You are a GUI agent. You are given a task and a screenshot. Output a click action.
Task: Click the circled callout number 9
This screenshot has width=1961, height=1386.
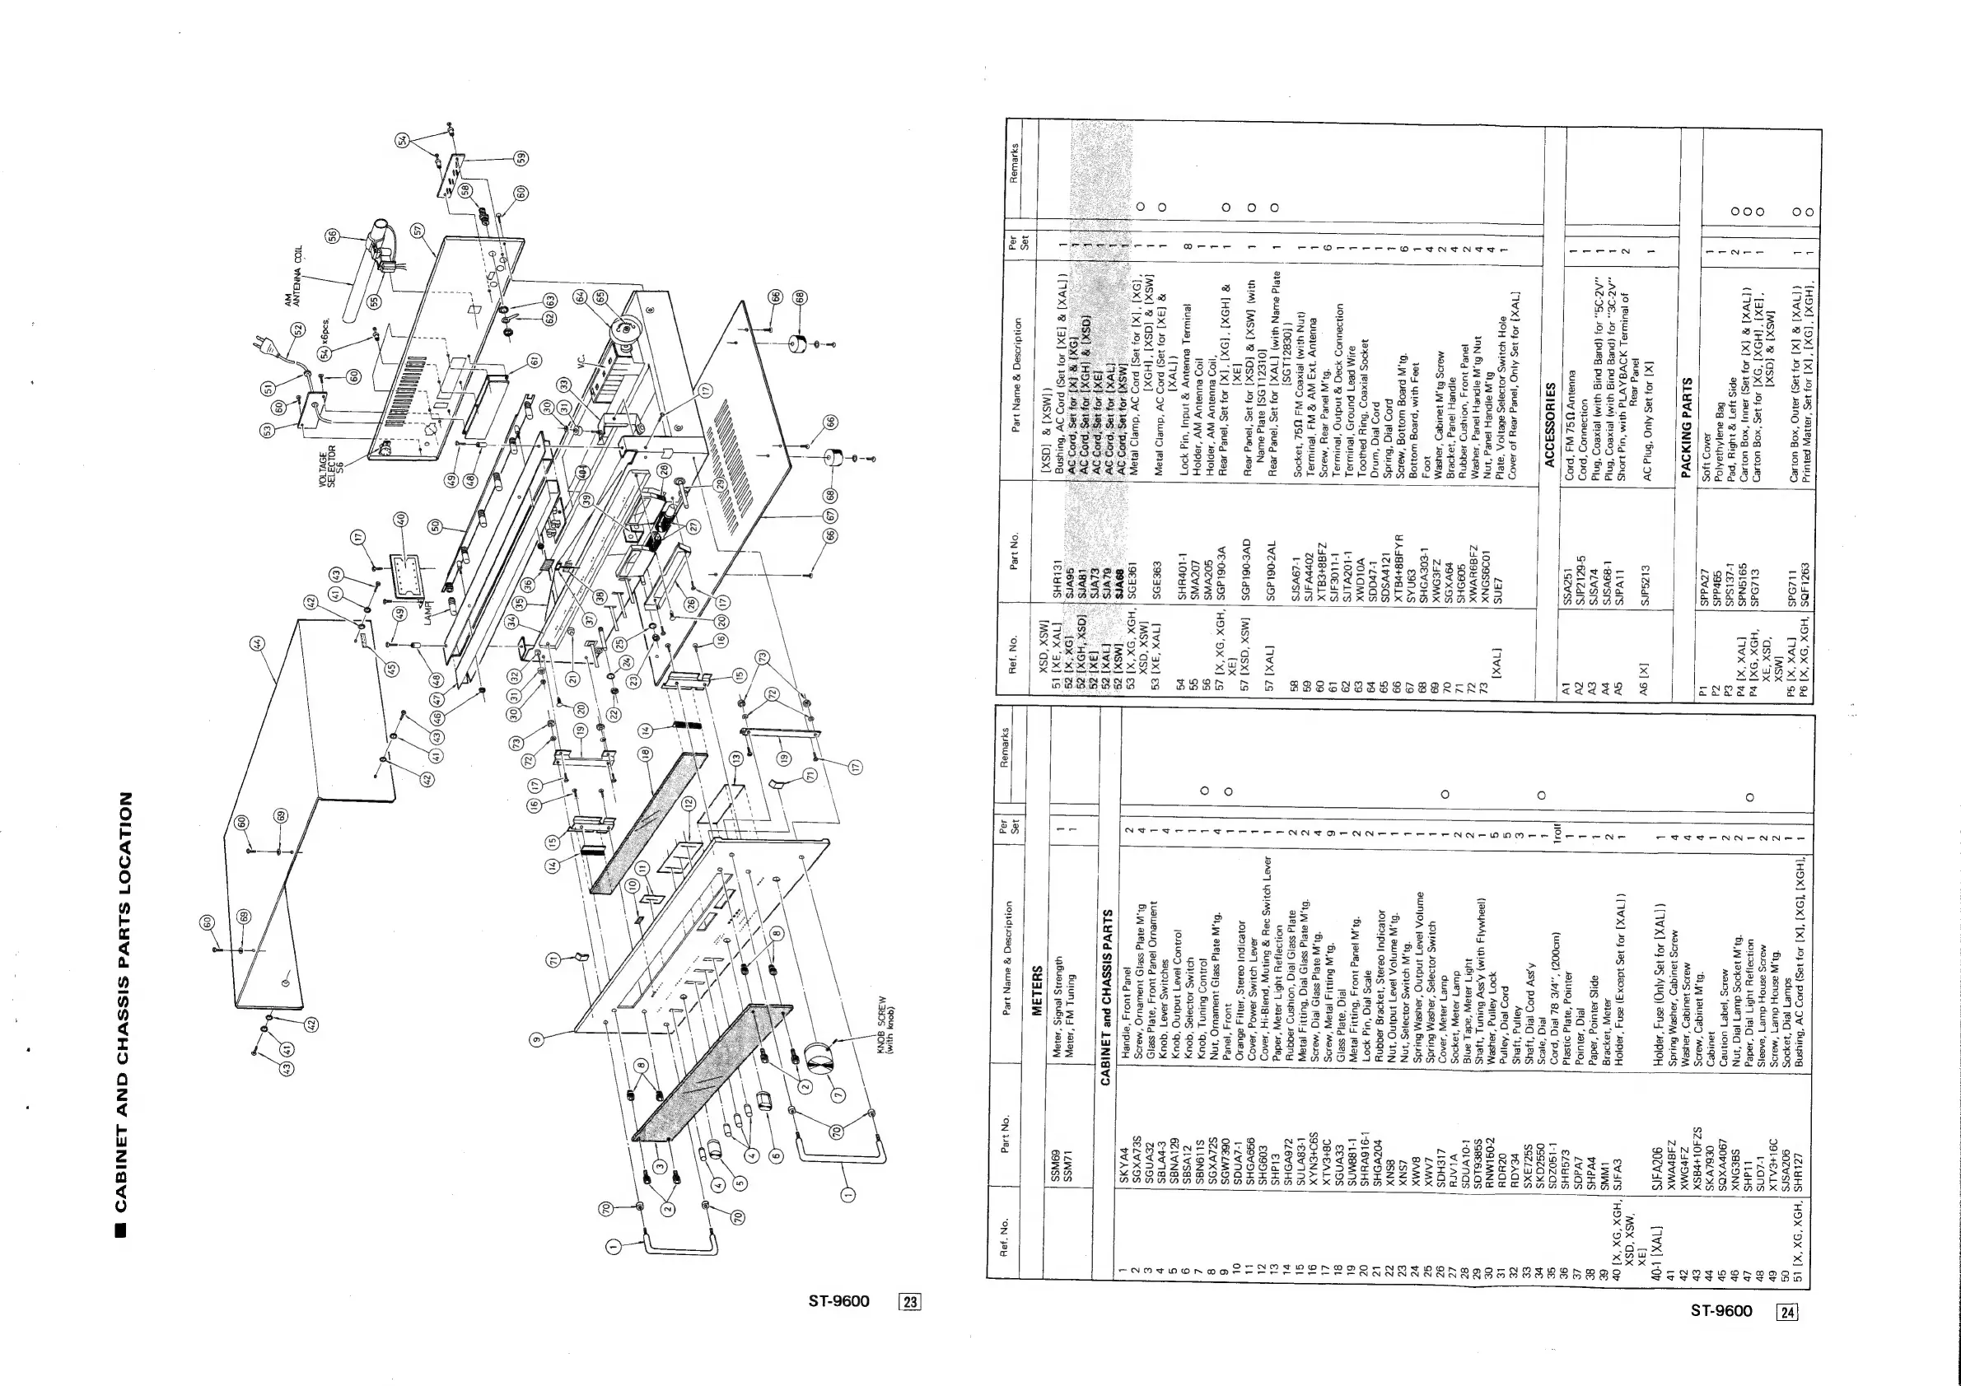click(535, 1039)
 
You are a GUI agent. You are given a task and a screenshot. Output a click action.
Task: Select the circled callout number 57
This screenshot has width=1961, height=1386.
click(417, 231)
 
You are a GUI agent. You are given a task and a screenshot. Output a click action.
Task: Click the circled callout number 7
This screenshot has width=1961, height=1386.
click(838, 1094)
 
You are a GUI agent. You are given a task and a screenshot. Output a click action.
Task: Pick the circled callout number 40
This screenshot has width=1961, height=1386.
click(400, 518)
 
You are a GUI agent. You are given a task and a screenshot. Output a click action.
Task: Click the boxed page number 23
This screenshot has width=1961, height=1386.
click(910, 1301)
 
